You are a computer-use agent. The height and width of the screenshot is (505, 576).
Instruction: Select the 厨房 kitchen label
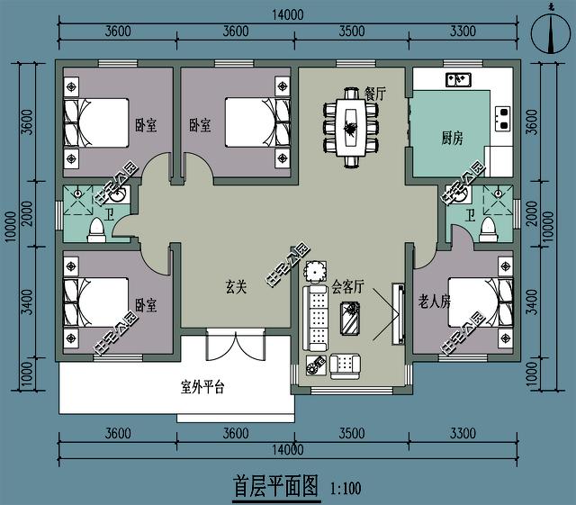452,138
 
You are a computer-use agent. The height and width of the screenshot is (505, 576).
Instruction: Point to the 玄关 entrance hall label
236,288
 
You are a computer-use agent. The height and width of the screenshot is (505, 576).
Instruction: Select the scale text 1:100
346,490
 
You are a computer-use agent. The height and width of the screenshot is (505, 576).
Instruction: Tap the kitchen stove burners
501,114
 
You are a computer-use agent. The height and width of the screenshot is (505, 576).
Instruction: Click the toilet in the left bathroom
94,230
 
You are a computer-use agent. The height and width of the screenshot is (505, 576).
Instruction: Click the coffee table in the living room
350,318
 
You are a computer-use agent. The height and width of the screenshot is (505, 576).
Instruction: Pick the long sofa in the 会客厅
316,319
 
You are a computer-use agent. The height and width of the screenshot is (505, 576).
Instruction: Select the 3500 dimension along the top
352,31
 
